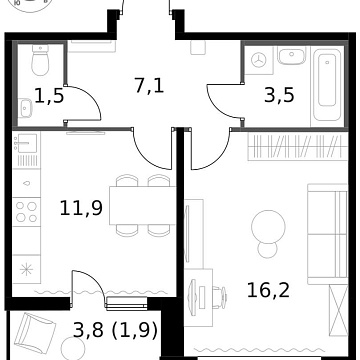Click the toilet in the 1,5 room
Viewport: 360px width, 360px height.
(39, 64)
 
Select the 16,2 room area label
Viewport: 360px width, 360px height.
(267, 291)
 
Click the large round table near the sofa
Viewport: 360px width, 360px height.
(264, 222)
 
